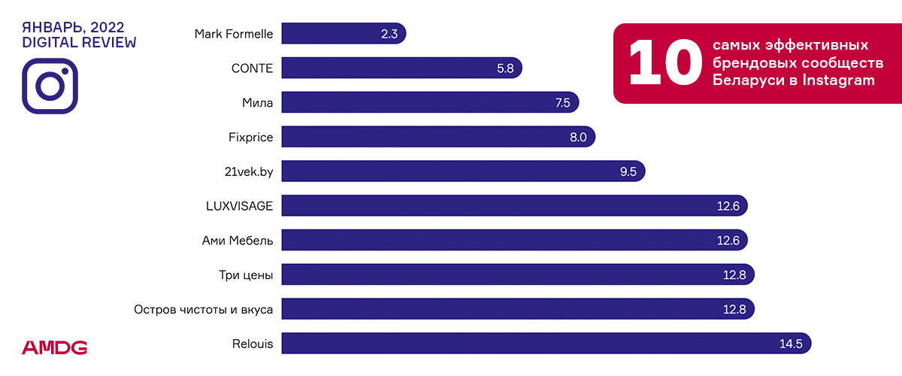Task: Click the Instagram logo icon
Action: [x=50, y=86]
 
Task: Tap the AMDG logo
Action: [x=54, y=347]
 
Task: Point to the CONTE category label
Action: [x=252, y=68]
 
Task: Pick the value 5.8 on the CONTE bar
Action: [x=505, y=68]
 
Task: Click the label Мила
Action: [x=257, y=103]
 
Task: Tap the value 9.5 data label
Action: [x=628, y=171]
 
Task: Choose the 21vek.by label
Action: [x=244, y=171]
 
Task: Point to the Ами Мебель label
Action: [x=238, y=241]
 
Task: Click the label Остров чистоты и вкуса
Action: [x=203, y=310]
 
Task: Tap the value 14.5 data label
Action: [x=792, y=344]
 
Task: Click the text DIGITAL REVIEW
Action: [x=79, y=43]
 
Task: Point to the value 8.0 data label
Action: [x=578, y=137]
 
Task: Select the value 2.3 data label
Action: [x=389, y=34]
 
